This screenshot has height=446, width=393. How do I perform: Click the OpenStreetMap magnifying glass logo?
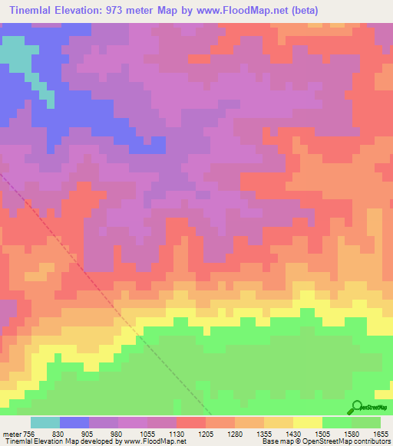(355, 406)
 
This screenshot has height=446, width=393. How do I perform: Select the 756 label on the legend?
(28, 433)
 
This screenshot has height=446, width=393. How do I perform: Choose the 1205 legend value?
(206, 433)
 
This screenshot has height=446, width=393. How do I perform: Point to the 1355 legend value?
(264, 433)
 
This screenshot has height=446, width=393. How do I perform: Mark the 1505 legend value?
(322, 433)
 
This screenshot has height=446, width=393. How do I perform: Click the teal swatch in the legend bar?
(45, 422)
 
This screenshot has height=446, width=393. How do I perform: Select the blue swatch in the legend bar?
(74, 422)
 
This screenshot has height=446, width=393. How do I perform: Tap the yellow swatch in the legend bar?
(308, 422)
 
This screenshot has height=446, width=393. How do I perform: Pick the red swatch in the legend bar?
(191, 422)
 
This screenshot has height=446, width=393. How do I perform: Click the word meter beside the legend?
(10, 433)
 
